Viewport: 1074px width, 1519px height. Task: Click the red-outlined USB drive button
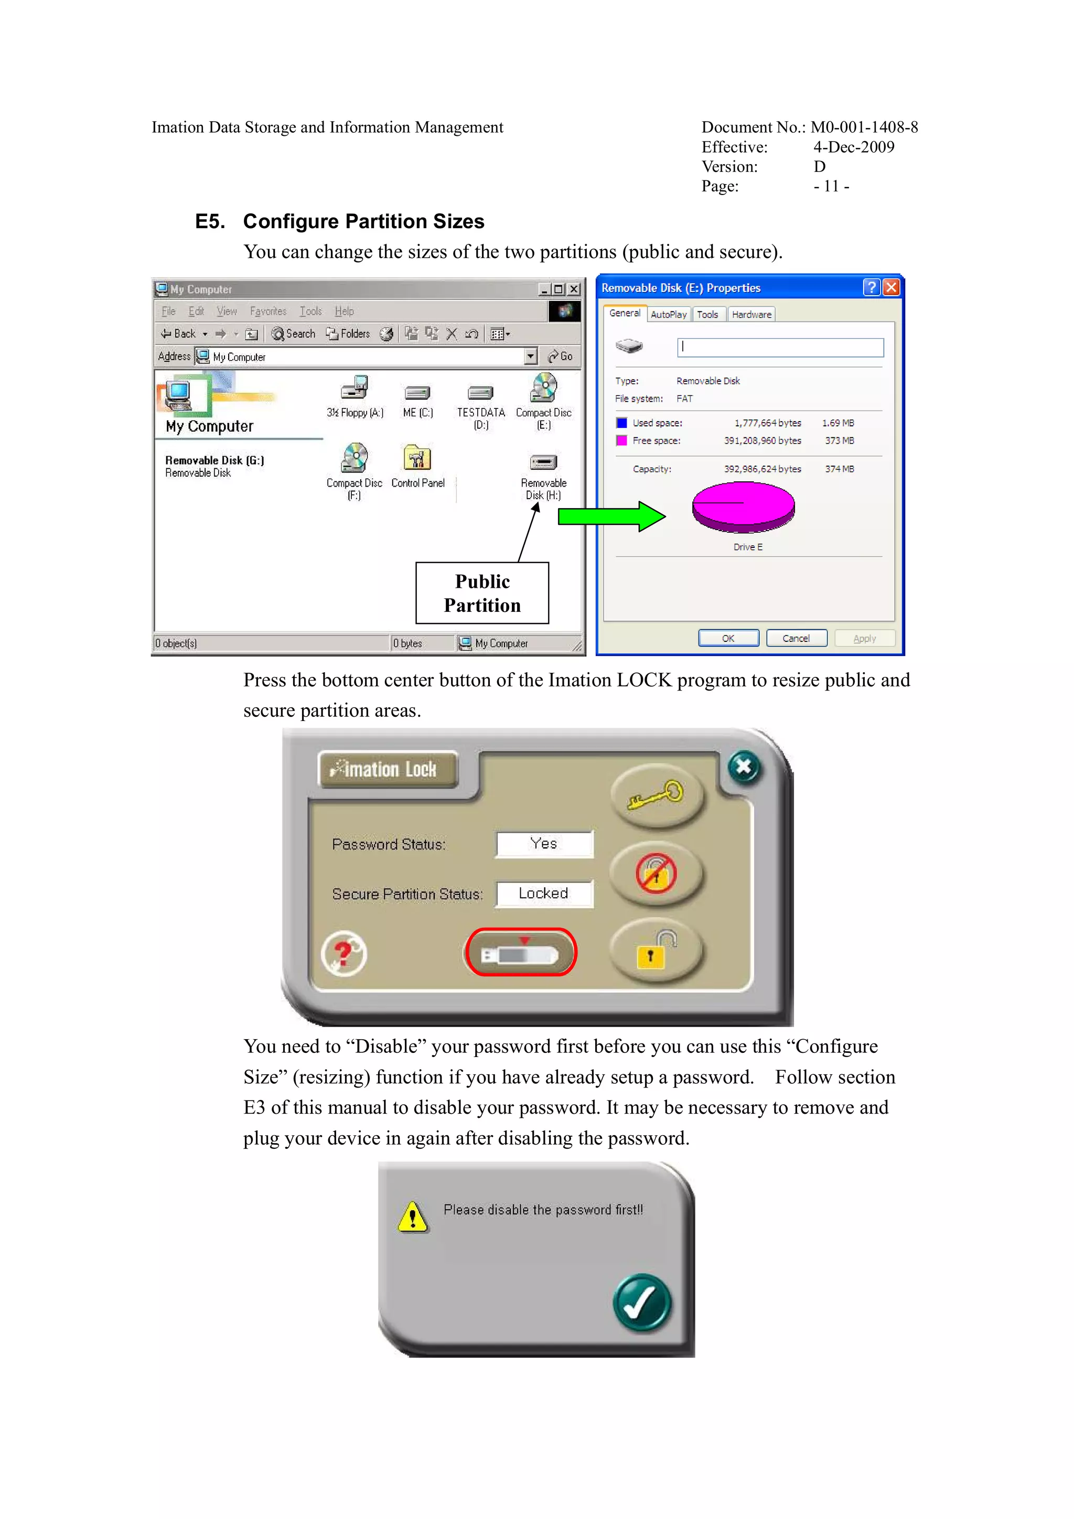520,953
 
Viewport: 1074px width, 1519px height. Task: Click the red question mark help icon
343,954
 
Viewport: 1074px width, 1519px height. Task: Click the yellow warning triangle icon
413,1216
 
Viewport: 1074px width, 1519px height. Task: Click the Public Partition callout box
482,593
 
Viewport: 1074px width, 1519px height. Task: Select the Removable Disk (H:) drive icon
543,462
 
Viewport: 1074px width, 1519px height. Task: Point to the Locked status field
544,894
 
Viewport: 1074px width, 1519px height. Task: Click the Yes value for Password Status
544,844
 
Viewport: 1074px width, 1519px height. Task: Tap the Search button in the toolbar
293,334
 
